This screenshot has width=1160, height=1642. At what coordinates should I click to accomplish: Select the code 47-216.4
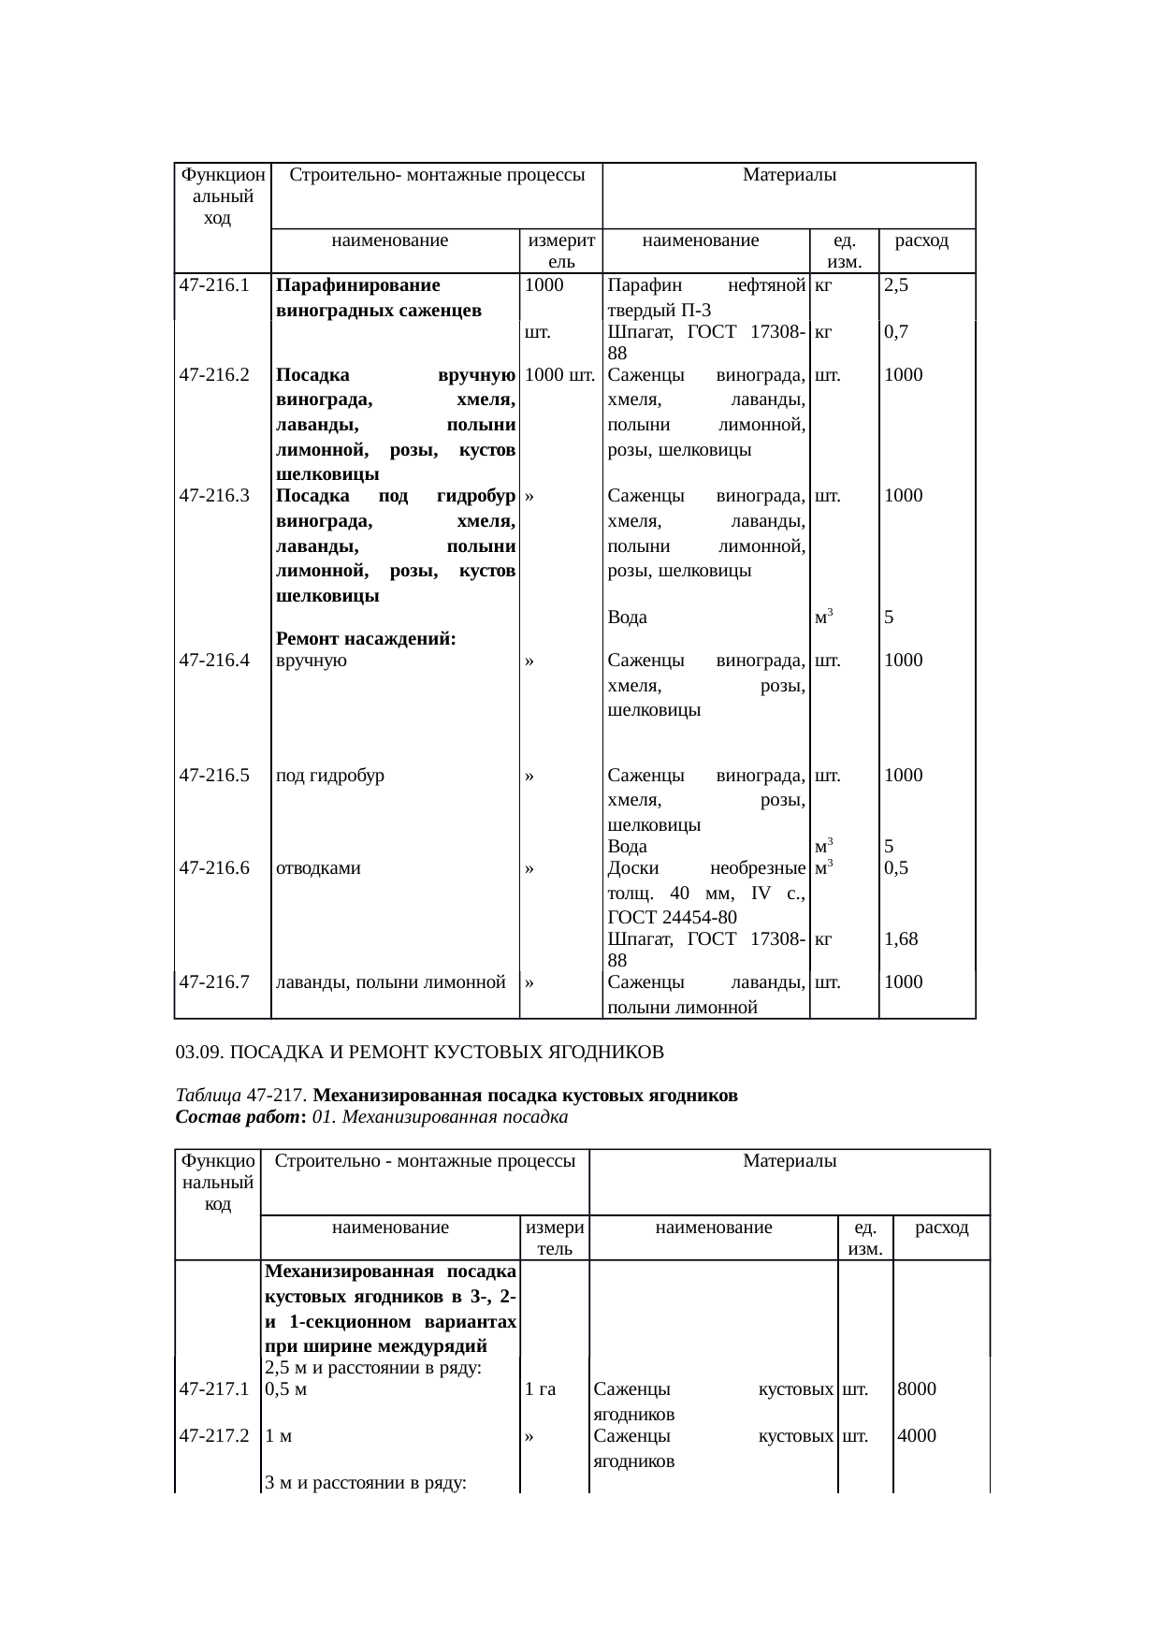pyautogui.click(x=213, y=661)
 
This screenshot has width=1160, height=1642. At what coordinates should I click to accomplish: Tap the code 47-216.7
pyautogui.click(x=213, y=981)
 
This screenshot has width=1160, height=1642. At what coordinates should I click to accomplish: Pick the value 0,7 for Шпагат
pyautogui.click(x=896, y=331)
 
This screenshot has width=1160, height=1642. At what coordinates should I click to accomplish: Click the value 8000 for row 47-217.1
pyautogui.click(x=917, y=1389)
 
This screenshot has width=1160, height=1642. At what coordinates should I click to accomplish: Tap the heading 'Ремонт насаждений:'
pyautogui.click(x=366, y=639)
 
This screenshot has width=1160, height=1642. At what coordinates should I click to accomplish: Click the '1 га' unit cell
pyautogui.click(x=541, y=1389)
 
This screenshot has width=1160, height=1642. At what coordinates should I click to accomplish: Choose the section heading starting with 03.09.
pyautogui.click(x=419, y=1053)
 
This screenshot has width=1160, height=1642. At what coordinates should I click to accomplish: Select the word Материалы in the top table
pyautogui.click(x=789, y=175)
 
